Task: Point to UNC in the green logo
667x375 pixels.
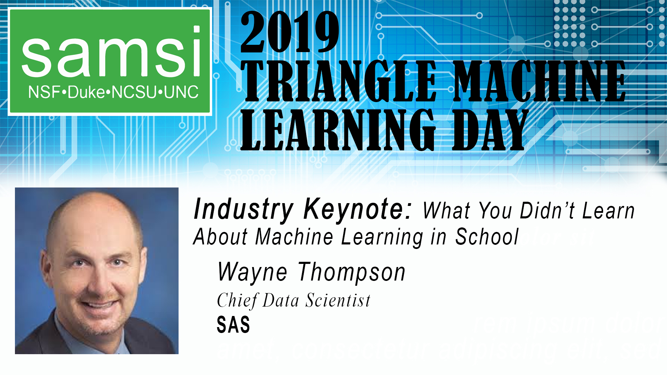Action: click(181, 92)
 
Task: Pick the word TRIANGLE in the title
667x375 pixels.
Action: click(339, 82)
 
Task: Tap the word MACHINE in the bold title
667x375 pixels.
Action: click(540, 82)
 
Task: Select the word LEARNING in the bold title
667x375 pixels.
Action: click(338, 130)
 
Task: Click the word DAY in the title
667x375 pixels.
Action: click(490, 130)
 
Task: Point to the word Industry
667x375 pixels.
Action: click(244, 209)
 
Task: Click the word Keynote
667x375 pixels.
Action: click(357, 209)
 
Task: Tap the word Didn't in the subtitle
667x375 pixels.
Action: click(547, 211)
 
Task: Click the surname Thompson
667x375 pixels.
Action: click(352, 272)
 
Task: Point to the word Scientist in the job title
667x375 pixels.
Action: click(338, 300)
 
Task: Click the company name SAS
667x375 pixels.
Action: click(233, 325)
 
